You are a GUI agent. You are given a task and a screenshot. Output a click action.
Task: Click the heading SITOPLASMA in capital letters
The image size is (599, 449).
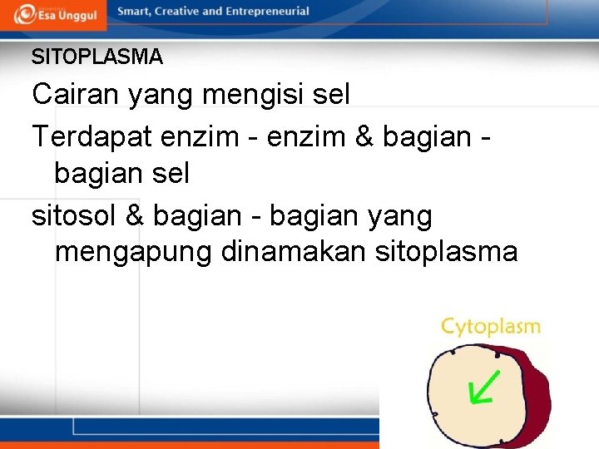tap(97, 57)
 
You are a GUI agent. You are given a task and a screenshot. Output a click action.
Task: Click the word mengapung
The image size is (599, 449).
tap(134, 252)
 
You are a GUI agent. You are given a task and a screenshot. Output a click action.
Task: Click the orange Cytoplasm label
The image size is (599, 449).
tap(490, 327)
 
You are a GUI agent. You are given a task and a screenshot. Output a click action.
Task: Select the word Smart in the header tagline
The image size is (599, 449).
tap(136, 12)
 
